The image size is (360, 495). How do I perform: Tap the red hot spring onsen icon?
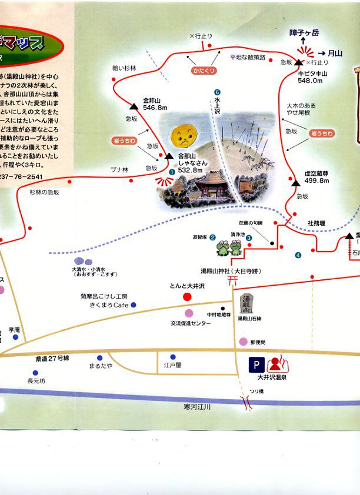coord(275,363)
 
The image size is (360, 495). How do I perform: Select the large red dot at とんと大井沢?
coord(187,297)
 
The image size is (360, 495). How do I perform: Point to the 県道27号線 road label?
coord(52,358)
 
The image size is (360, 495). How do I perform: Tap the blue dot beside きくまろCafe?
coord(134,305)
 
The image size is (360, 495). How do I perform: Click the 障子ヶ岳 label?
coord(304,34)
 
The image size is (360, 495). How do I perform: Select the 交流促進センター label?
coord(191,323)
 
